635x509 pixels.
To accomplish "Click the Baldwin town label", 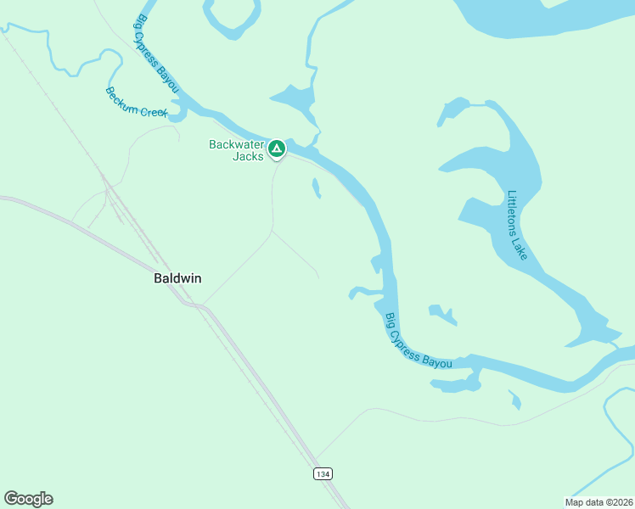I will [x=177, y=278].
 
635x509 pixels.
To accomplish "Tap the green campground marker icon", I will [x=276, y=149].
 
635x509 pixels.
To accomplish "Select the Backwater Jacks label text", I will [x=237, y=150].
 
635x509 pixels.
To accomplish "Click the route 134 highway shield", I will [x=322, y=473].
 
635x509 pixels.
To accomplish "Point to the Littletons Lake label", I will [x=517, y=225].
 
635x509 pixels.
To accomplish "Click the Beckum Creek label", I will [x=137, y=103].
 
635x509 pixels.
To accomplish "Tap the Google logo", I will [x=28, y=499].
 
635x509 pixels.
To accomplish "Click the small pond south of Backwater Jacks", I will [x=317, y=187].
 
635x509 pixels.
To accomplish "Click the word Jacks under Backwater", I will [x=249, y=156].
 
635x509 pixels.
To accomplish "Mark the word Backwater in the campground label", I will [x=237, y=144].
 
